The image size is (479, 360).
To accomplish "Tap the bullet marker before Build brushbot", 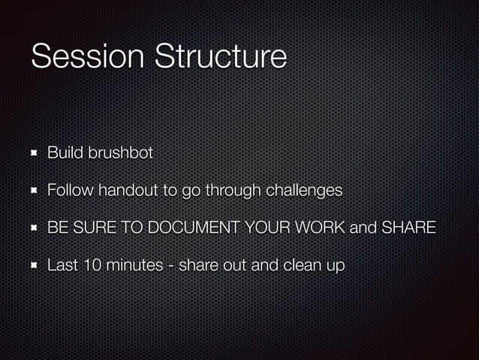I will tap(34, 153).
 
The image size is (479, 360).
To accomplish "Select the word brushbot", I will tap(121, 153).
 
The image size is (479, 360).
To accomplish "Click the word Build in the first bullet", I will tap(65, 153).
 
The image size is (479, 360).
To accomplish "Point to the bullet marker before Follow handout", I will tap(34, 191).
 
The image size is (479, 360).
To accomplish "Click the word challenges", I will tap(302, 191).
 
